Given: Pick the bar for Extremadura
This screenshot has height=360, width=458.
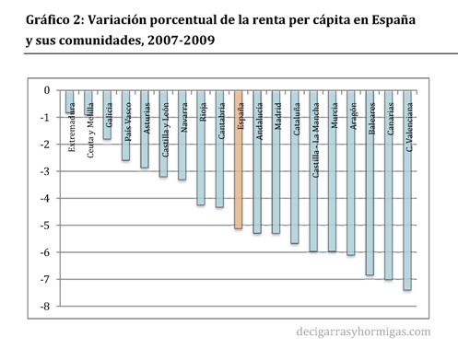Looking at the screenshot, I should (x=69, y=102).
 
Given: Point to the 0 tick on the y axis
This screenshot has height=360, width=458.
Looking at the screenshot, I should (x=47, y=90).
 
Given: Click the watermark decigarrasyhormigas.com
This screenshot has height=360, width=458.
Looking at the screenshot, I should (x=363, y=331).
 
